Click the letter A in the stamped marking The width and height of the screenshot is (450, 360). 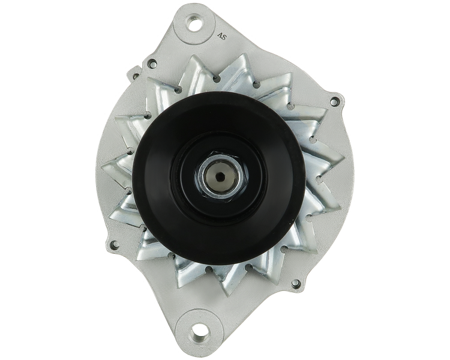(x=220, y=35)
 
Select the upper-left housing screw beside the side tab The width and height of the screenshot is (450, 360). (x=152, y=62)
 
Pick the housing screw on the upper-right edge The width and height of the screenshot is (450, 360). (x=334, y=101)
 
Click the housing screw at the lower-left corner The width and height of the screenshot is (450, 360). (x=116, y=244)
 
